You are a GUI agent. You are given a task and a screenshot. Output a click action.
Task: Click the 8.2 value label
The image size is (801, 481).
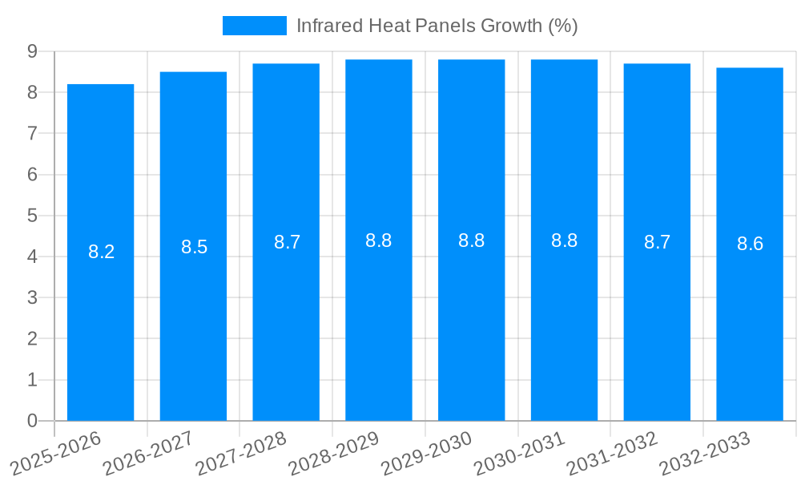point(101,252)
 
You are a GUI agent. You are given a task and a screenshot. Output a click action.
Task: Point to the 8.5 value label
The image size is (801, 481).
point(194,247)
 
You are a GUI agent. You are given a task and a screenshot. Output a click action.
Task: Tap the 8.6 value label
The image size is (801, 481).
point(750,245)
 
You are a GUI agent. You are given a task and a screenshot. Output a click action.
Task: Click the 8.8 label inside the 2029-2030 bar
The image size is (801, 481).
point(471,240)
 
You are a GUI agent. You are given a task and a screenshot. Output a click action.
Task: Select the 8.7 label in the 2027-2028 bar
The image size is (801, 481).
point(287,242)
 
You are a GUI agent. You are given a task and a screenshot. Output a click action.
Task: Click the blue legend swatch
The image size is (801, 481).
point(254,26)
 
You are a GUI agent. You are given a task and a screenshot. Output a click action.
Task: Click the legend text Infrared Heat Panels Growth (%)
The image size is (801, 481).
point(437,26)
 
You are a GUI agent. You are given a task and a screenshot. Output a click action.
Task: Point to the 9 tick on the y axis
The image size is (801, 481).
point(32,51)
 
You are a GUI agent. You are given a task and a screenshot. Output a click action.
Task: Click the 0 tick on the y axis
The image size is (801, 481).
point(32,421)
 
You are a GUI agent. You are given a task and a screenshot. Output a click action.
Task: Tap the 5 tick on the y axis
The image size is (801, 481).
point(32,216)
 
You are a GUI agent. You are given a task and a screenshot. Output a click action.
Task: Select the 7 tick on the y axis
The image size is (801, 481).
point(32,133)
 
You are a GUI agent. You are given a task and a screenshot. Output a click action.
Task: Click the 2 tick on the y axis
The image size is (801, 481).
point(32,339)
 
